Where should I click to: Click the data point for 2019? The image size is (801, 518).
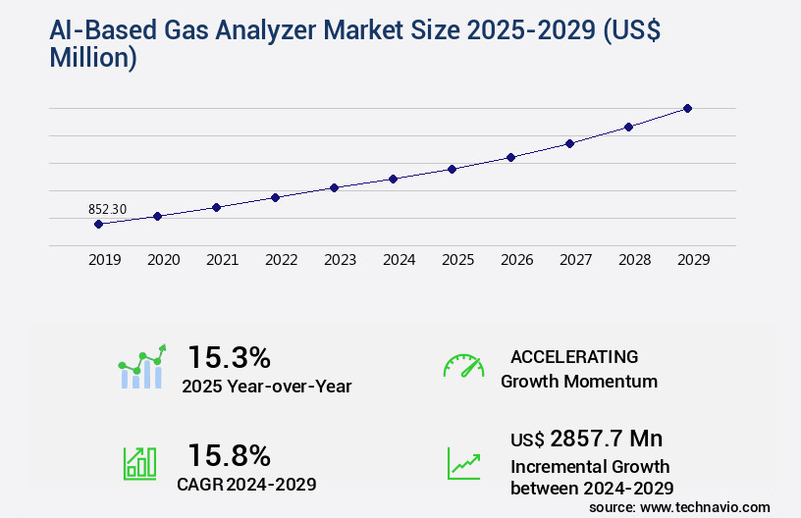tap(98, 224)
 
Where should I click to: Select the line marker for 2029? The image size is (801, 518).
tap(687, 108)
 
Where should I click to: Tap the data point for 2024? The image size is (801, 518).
tap(393, 179)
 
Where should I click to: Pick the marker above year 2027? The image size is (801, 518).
tap(569, 143)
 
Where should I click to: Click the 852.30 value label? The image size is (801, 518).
tap(107, 209)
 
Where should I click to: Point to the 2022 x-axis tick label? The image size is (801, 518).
tap(281, 260)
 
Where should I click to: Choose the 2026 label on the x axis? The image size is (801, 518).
tap(516, 260)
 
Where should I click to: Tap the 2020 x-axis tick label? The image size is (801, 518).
tap(163, 260)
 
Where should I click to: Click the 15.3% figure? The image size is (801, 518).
tap(229, 357)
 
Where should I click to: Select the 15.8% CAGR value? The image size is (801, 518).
tap(229, 455)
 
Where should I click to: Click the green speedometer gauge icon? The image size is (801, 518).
tap(463, 365)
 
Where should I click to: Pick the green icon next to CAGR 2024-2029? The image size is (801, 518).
tap(139, 462)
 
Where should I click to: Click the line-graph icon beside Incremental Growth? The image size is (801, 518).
tap(463, 462)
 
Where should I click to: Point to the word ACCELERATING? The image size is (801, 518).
tap(574, 356)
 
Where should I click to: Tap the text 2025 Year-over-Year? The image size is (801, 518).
tap(266, 387)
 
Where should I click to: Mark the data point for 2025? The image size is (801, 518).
tap(452, 169)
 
